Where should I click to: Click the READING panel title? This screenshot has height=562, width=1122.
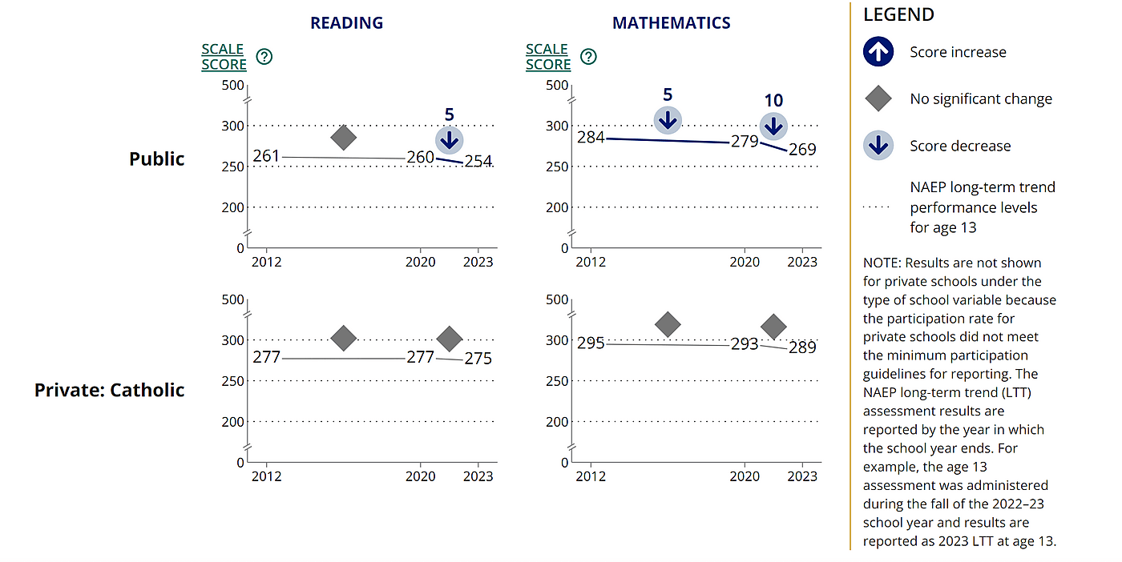point(346,23)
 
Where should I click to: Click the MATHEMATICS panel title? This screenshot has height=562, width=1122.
point(671,23)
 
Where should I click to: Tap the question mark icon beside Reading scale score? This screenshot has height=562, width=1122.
point(264,57)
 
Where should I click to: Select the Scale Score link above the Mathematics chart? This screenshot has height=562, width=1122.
point(548,57)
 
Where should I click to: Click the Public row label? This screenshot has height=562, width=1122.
point(157,159)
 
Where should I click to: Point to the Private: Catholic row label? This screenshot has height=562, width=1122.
point(110,390)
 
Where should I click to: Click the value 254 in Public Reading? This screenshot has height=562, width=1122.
point(478,162)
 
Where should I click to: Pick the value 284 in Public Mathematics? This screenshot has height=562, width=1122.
point(591,138)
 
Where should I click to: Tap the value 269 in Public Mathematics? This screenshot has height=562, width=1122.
point(802,150)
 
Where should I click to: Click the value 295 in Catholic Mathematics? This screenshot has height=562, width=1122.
point(591,343)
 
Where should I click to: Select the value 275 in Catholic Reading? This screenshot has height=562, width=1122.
point(478,359)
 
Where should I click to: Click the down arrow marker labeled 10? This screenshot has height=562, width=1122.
point(773,126)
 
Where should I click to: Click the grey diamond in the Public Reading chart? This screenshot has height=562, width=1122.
point(343,138)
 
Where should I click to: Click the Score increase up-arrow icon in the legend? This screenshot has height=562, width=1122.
point(879,53)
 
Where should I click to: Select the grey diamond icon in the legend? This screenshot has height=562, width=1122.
point(879,99)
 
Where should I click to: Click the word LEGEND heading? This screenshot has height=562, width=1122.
point(898,14)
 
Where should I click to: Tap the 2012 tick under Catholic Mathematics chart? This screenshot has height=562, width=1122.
point(591,476)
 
